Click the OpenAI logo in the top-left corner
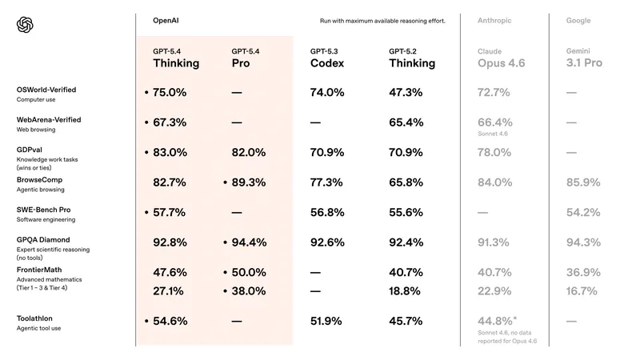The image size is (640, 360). point(25,26)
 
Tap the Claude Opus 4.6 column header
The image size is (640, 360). point(501,58)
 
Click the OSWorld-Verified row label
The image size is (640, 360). point(46,90)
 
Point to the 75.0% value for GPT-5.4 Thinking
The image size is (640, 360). point(170,93)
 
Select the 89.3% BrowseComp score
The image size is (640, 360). point(248,182)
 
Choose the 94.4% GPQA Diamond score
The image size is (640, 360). point(248,242)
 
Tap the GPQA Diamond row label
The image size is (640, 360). point(43,239)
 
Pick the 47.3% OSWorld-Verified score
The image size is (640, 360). point(406,93)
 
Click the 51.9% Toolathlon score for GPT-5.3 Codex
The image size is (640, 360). point(326,321)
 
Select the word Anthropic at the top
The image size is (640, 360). point(495,19)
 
